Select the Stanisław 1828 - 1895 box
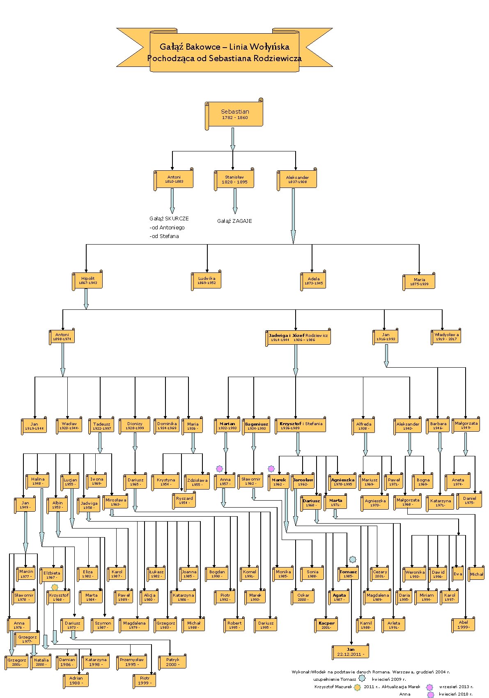pyautogui.click(x=234, y=179)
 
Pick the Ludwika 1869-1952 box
pyautogui.click(x=206, y=281)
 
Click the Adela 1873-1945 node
pyautogui.click(x=313, y=281)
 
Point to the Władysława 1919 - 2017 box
pyautogui.click(x=446, y=337)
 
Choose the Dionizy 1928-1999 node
pyautogui.click(x=135, y=426)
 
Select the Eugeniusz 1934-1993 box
pyautogui.click(x=256, y=426)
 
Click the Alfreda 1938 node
pyautogui.click(x=364, y=426)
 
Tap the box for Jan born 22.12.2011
pyautogui.click(x=350, y=652)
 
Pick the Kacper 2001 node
pyautogui.click(x=326, y=625)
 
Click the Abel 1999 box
pyautogui.click(x=463, y=625)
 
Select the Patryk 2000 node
pyautogui.click(x=172, y=662)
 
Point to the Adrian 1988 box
pyautogui.click(x=76, y=680)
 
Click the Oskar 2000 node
pyautogui.click(x=303, y=597)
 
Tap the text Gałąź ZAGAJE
pyautogui.click(x=234, y=221)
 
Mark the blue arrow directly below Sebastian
pyautogui.click(x=233, y=139)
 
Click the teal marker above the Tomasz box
pyautogui.click(x=352, y=559)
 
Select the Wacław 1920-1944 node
pyautogui.click(x=69, y=426)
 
